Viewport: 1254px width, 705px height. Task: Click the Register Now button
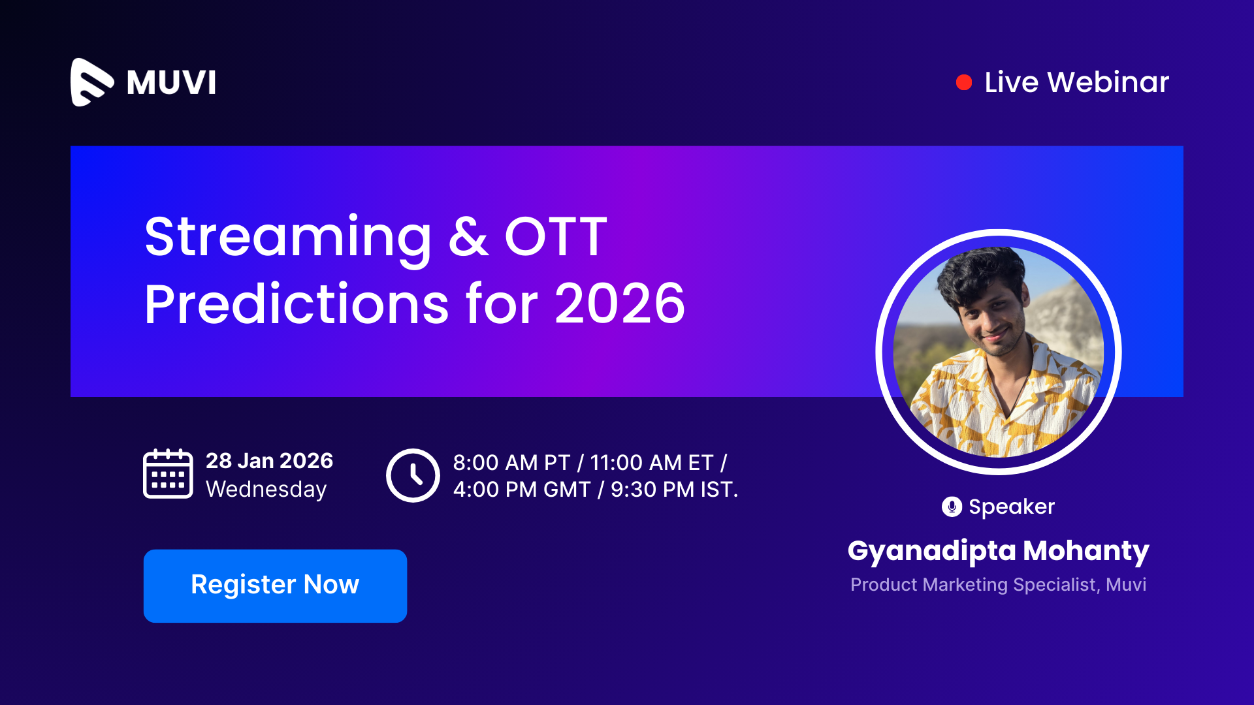(275, 586)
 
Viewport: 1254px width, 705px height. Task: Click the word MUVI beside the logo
(171, 83)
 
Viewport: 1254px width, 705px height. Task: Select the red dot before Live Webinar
(963, 82)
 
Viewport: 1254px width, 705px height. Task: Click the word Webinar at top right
(1108, 82)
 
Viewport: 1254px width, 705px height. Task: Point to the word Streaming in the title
(288, 239)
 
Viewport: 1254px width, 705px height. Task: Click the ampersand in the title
(468, 236)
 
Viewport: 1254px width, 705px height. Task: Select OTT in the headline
(556, 236)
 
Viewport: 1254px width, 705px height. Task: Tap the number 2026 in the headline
(620, 304)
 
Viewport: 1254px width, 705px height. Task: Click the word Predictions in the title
(297, 304)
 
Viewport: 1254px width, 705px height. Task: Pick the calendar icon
(168, 474)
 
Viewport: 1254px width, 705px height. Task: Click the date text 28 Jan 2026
(269, 461)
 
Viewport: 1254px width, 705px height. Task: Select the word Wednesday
(266, 490)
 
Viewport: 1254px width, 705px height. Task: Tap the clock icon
(413, 475)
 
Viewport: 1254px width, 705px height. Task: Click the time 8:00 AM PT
(511, 463)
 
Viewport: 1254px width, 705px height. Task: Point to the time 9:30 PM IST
(674, 490)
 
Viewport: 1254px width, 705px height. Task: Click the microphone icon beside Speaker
(952, 507)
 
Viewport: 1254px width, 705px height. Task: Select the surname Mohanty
(1086, 551)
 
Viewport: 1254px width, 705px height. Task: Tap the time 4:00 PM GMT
(522, 490)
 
